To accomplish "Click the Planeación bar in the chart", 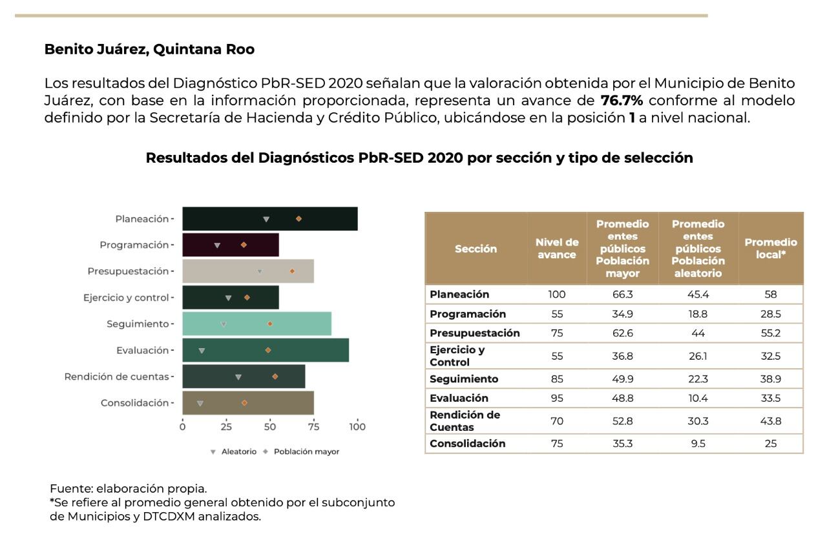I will [269, 219].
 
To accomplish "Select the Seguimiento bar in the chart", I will [256, 324].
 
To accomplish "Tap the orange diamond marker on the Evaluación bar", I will [268, 350].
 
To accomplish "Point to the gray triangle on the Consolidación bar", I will [200, 403].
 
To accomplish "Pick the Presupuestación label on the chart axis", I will [128, 271].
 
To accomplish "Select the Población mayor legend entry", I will [306, 451].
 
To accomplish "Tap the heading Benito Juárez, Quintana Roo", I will [149, 50].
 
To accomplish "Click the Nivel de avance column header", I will [557, 249].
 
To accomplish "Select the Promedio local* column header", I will [771, 249].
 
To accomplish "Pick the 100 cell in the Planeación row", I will [557, 295].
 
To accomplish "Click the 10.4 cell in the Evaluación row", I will [698, 399].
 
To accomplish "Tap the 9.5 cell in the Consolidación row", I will [698, 444].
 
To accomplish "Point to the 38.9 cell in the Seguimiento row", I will [771, 379].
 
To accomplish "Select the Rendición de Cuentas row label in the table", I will [465, 421].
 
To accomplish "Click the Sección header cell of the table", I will [476, 249].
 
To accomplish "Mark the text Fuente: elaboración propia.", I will [129, 488].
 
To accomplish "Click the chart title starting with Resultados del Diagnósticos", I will [419, 158].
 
